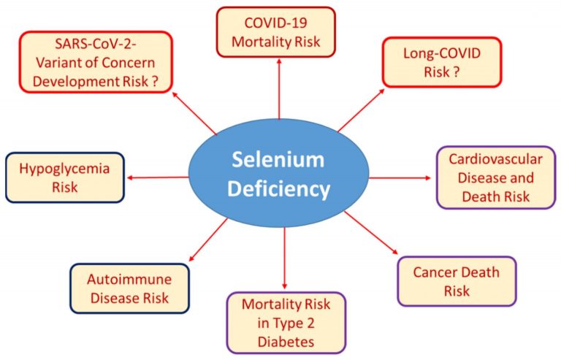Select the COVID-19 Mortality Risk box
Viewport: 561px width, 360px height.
pyautogui.click(x=276, y=32)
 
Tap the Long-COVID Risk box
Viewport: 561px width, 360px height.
pyautogui.click(x=442, y=62)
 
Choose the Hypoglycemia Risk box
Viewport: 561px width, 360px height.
pyautogui.click(x=65, y=177)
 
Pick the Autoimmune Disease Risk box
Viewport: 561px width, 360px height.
pyautogui.click(x=129, y=288)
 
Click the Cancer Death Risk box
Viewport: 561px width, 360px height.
pyautogui.click(x=457, y=281)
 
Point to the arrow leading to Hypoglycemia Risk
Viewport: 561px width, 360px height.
pyautogui.click(x=158, y=177)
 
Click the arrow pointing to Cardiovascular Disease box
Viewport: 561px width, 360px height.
pyautogui.click(x=400, y=177)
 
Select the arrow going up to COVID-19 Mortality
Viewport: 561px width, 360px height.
pyautogui.click(x=279, y=89)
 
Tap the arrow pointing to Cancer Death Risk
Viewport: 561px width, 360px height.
pyautogui.click(x=371, y=233)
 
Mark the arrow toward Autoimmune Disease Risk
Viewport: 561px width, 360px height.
pyautogui.click(x=208, y=240)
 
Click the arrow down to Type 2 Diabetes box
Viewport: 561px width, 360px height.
pyautogui.click(x=284, y=258)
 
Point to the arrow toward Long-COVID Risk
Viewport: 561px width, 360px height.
pyautogui.click(x=361, y=110)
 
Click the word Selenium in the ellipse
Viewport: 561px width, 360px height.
pyautogui.click(x=278, y=159)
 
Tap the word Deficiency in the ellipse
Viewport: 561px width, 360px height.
pyautogui.click(x=278, y=189)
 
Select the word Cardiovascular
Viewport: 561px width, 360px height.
pyautogui.click(x=495, y=159)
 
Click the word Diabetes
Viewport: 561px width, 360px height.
pyautogui.click(x=286, y=342)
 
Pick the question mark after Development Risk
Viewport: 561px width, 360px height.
pyautogui.click(x=154, y=82)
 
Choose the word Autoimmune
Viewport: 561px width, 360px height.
pyautogui.click(x=129, y=279)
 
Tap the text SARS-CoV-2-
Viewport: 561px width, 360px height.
pyautogui.click(x=96, y=44)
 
